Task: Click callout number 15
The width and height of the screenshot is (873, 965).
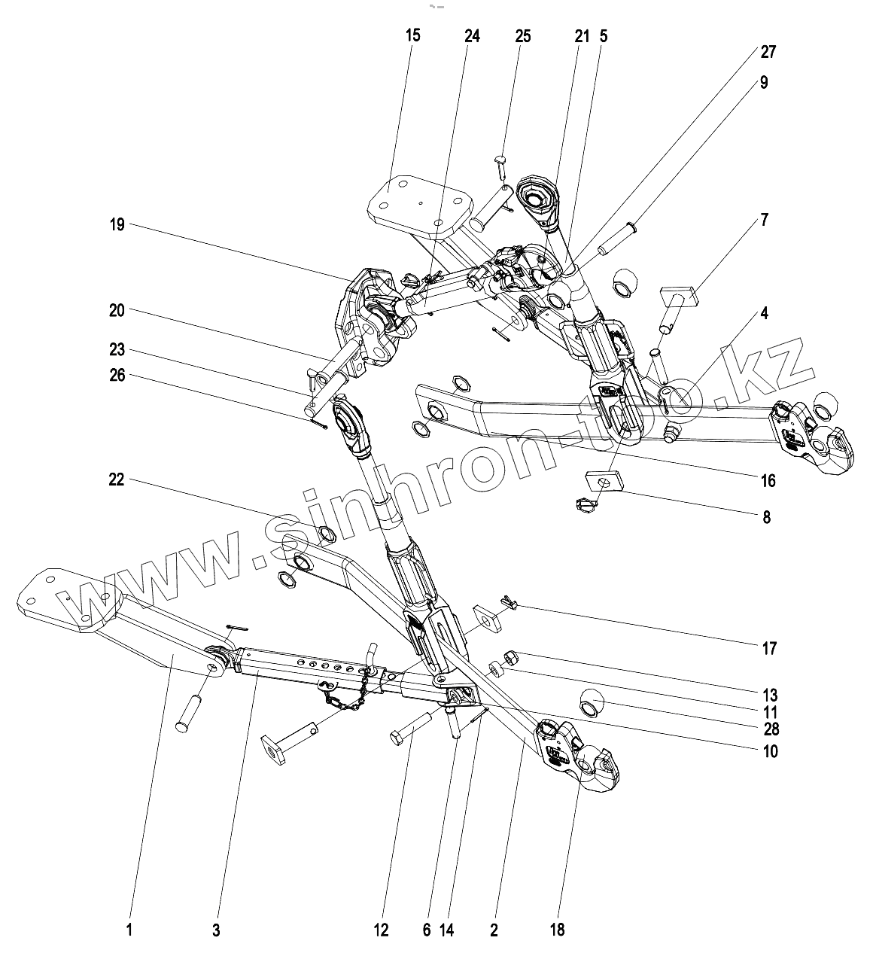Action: (412, 35)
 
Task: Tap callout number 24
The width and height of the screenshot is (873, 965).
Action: (472, 35)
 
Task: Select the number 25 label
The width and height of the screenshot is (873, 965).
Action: (523, 35)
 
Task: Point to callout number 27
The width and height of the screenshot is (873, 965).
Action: (768, 52)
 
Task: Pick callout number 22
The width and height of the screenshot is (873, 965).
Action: (116, 479)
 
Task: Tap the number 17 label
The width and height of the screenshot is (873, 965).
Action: (768, 649)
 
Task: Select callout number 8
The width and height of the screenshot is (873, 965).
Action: (766, 518)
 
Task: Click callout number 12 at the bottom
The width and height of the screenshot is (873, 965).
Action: (381, 931)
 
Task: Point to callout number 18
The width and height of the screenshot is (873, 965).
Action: (556, 931)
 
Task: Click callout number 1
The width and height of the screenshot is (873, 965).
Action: (129, 931)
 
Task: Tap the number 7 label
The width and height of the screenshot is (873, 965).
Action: (765, 221)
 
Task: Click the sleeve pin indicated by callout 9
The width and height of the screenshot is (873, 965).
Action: (616, 240)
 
